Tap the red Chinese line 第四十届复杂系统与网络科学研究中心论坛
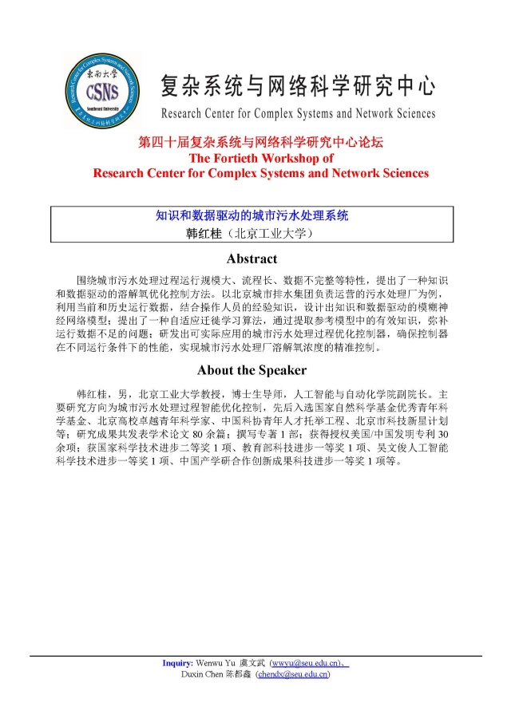pyautogui.click(x=261, y=143)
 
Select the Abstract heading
pyautogui.click(x=252, y=258)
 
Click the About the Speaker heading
pyautogui.click(x=252, y=370)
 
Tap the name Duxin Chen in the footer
pyautogui.click(x=200, y=674)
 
